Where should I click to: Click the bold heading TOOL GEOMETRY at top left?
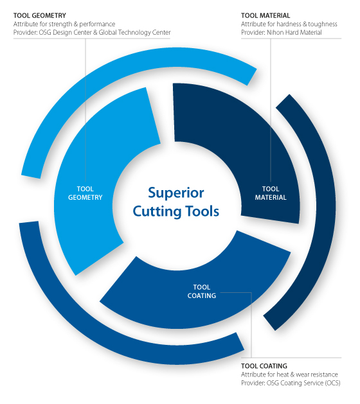coord(40,15)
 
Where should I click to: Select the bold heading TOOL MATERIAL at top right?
coord(265,15)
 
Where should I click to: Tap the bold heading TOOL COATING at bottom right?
coord(264,366)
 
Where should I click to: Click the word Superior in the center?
coord(176,193)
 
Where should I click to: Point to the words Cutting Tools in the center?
coord(176,211)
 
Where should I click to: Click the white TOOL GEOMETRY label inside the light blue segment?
coord(85,193)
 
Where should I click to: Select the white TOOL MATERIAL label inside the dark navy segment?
coord(271,193)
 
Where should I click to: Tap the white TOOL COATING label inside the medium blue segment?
coord(202,292)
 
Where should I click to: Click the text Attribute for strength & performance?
coord(64,24)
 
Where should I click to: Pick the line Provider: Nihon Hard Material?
coord(282,33)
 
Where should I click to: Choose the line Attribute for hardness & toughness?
coord(289,24)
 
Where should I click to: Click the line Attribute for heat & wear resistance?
coord(289,374)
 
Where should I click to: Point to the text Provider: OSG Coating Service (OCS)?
coord(291,383)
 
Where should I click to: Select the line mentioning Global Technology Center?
coord(92,33)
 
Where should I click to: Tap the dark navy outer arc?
coord(326,211)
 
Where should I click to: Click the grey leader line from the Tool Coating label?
coord(251,317)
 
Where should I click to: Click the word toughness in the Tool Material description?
coord(323,24)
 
